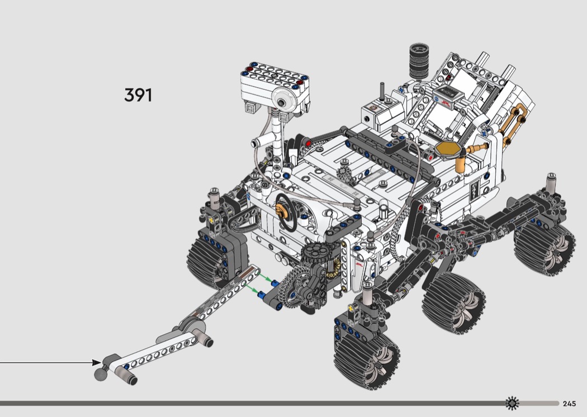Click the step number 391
pos(138,95)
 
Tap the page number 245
pos(569,404)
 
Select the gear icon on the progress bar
pos(512,403)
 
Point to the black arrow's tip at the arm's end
pos(100,362)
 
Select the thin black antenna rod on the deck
pos(382,91)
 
